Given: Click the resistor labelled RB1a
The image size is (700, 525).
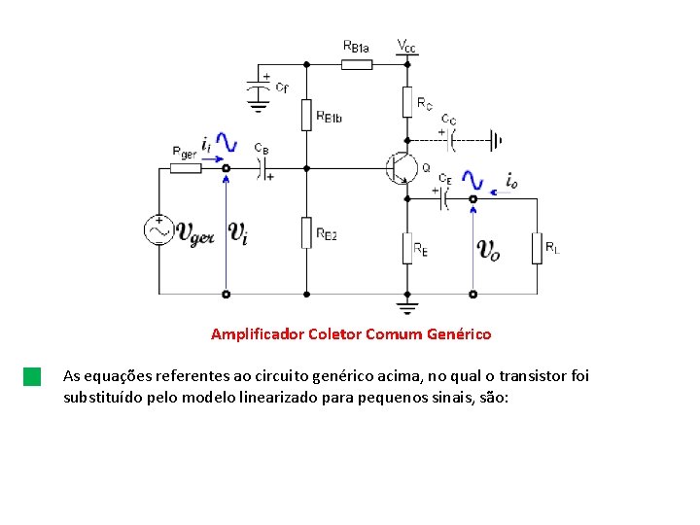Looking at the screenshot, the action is [x=357, y=64].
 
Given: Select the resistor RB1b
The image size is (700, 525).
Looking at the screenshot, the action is [x=306, y=114].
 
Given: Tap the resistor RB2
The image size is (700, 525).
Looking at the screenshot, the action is [x=306, y=231].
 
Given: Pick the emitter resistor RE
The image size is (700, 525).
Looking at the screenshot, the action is [x=408, y=247].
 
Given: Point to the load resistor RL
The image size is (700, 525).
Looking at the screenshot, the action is [x=536, y=247].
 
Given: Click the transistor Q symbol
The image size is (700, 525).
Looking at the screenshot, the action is [x=401, y=168].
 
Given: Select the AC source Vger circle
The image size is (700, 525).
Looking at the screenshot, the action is [x=158, y=230].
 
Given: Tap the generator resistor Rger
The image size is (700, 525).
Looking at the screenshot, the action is [x=186, y=168].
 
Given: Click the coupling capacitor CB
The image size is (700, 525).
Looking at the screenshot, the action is [x=262, y=168].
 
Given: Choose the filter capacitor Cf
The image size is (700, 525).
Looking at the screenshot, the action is [x=259, y=88].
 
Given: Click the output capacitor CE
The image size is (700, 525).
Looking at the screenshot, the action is [x=443, y=198].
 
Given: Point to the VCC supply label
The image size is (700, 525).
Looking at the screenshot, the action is [x=407, y=45].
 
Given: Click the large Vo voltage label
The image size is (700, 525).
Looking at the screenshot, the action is [x=489, y=250].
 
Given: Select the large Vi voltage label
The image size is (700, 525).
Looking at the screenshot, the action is [x=238, y=231].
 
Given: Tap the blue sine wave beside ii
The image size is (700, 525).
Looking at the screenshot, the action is [x=226, y=143].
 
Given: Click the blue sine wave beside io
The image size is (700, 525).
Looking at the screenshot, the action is [x=472, y=181].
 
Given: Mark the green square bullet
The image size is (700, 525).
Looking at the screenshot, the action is [x=32, y=376].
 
